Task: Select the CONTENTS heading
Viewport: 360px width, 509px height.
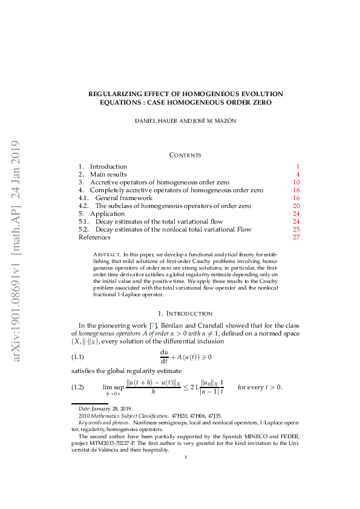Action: (185, 155)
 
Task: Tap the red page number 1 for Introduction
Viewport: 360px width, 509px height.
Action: (298, 166)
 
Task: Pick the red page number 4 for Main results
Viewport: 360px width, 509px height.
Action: (298, 174)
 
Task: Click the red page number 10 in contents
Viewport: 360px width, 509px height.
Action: (296, 182)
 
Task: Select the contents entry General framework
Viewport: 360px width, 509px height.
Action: (123, 198)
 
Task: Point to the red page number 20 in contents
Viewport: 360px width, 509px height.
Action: (296, 206)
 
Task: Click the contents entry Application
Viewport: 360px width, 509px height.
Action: (108, 213)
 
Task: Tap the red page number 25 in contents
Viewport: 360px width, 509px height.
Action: (296, 229)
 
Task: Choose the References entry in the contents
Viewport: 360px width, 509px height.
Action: (94, 237)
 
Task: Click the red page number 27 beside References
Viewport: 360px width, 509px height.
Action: (296, 237)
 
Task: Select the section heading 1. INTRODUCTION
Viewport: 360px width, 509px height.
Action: (185, 313)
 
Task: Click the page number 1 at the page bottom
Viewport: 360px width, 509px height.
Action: (186, 457)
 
